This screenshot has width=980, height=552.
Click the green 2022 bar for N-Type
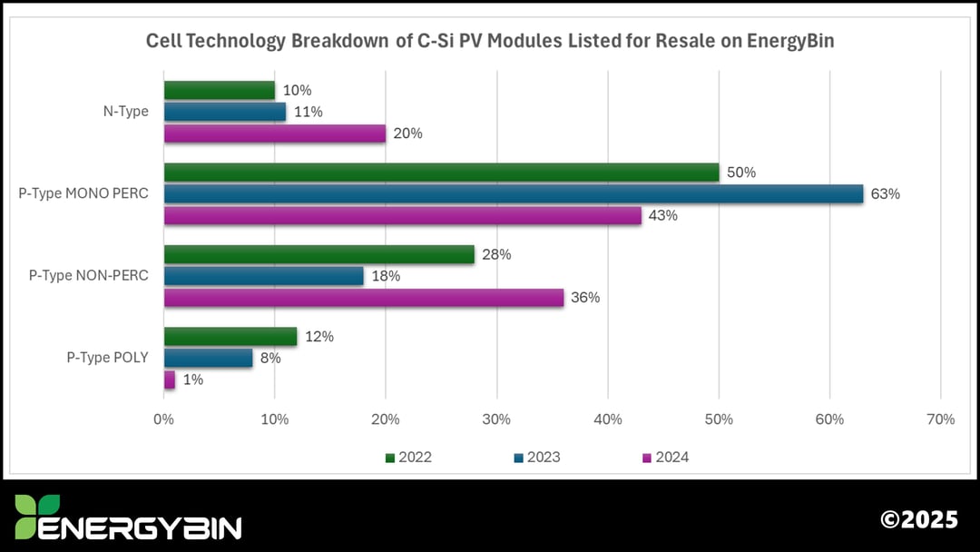point(219,90)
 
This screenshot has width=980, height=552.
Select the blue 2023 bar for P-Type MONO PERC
point(513,193)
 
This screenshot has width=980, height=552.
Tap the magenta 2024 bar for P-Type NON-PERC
point(363,298)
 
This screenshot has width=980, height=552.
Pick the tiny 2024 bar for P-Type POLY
point(169,379)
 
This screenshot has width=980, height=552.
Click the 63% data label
point(885,194)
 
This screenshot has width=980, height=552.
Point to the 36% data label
point(584,298)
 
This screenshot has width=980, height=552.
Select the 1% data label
point(191,379)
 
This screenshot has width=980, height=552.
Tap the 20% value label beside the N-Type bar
point(407,133)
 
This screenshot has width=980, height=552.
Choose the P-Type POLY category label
point(107,358)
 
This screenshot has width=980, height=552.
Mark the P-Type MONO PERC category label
point(83,193)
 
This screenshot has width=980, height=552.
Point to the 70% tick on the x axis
point(941,419)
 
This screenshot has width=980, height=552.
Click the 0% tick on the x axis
point(164,419)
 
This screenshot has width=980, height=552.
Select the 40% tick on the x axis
point(608,419)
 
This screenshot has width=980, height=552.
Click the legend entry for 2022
point(407,458)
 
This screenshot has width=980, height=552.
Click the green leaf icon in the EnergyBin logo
point(37,517)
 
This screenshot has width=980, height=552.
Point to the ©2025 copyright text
point(918,519)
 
